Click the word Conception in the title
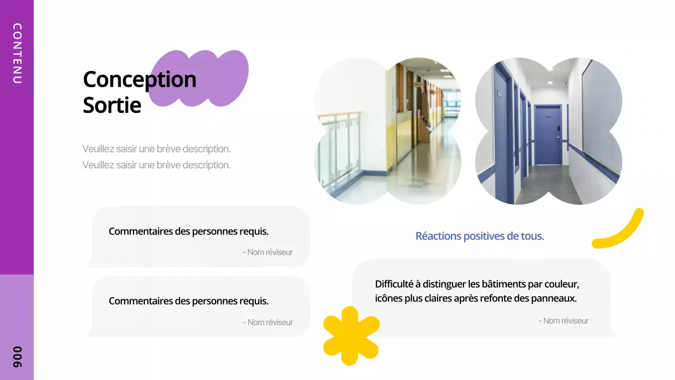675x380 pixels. pos(139,80)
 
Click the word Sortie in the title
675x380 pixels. pos(112,106)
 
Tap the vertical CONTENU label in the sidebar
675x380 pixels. pos(17,53)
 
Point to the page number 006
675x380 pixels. pos(17,357)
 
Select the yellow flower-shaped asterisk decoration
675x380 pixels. pos(351,335)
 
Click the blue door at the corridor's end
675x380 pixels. pos(548,134)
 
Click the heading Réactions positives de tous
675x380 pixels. pos(479,236)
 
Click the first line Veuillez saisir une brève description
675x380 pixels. pos(156,149)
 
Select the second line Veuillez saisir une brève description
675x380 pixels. pos(156,165)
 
